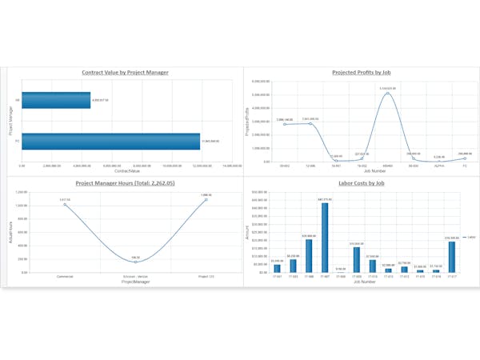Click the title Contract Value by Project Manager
pos(125,73)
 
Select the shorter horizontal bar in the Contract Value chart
pos(56,100)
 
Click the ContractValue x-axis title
pos(126,171)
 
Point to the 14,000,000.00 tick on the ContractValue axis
pos(231,166)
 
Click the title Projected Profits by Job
pos(361,73)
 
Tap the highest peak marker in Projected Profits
pos(388,93)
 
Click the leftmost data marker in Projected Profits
pos(284,124)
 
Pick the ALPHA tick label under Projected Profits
pos(438,166)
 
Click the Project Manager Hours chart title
pos(126,183)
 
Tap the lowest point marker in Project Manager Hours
pos(135,262)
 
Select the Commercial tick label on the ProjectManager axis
pos(66,276)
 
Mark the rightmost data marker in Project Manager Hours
pos(206,199)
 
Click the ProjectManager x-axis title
pos(135,282)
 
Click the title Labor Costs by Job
pos(362,183)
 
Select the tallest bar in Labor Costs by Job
pos(325,238)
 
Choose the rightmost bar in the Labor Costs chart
pos(452,256)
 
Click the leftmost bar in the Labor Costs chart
pos(277,268)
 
